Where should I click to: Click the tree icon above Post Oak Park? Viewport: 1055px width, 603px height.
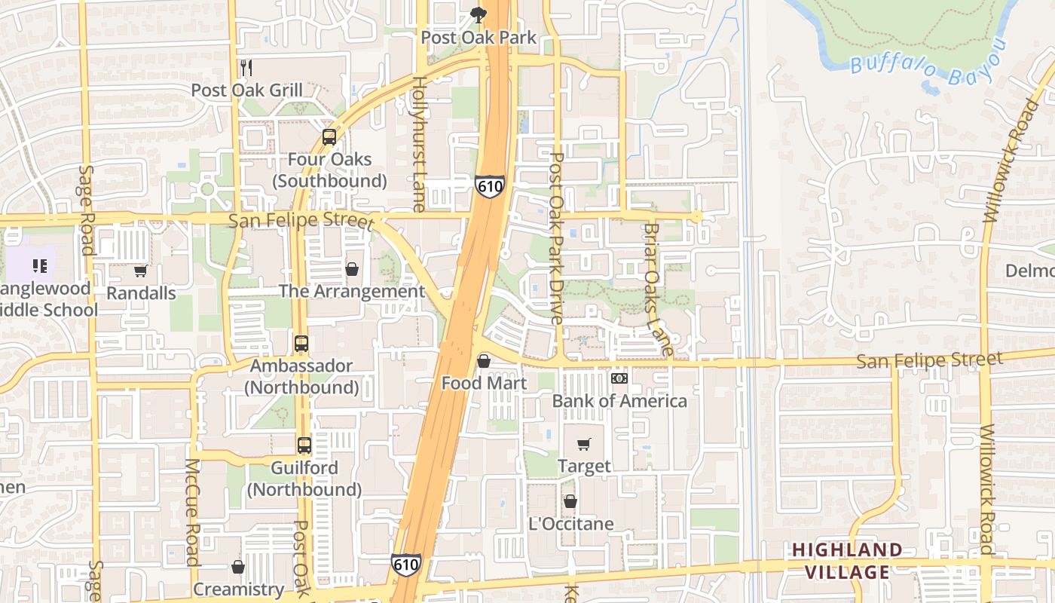pos(478,14)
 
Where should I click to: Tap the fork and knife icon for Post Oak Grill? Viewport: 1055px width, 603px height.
pos(246,68)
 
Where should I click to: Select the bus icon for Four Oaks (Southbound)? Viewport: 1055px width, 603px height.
pos(329,137)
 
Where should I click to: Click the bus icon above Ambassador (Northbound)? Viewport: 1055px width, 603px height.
pos(301,344)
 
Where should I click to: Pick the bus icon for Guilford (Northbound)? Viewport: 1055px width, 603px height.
pos(304,445)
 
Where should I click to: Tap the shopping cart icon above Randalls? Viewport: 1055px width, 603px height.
pos(140,271)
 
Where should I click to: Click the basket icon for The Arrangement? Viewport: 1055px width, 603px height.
pos(351,269)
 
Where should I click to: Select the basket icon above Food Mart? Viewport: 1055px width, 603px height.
pos(484,362)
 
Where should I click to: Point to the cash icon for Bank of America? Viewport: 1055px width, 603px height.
pos(619,378)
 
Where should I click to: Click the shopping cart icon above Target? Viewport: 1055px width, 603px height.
pos(584,445)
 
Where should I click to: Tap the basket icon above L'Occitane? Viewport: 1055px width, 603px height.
pos(570,501)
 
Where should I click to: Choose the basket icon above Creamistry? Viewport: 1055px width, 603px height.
pos(238,567)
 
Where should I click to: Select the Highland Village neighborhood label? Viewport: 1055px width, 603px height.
pos(847,561)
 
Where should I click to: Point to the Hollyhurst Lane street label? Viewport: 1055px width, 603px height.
pos(419,143)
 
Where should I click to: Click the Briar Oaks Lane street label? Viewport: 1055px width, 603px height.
pos(657,289)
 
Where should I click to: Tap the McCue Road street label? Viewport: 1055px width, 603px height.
pos(192,512)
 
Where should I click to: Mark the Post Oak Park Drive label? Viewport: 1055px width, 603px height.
pos(557,238)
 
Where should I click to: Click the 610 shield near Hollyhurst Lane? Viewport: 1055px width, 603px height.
pos(489,186)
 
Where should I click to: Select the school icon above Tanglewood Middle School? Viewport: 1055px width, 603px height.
pos(40,265)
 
